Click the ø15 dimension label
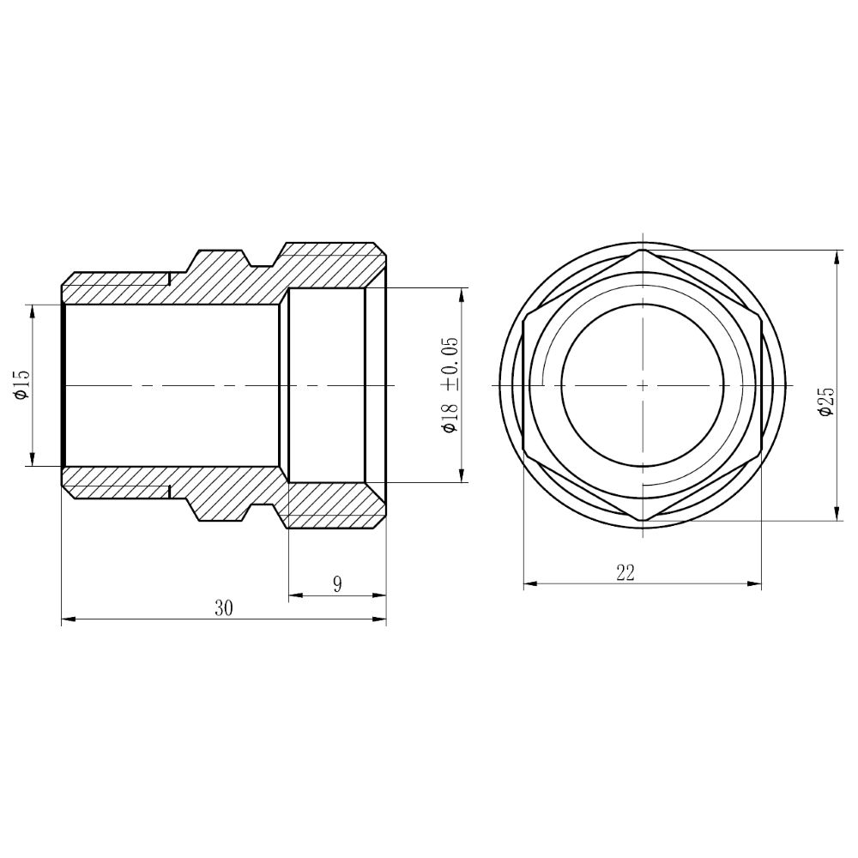[21, 384]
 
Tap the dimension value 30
[224, 607]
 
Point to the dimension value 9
[337, 584]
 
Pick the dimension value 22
[625, 574]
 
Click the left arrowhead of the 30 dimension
[66, 618]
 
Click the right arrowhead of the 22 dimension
[756, 585]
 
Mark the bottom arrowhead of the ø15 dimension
[33, 462]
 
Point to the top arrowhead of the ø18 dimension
[462, 293]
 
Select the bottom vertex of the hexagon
[642, 522]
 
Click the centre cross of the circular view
[642, 385]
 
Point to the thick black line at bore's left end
[63, 385]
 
